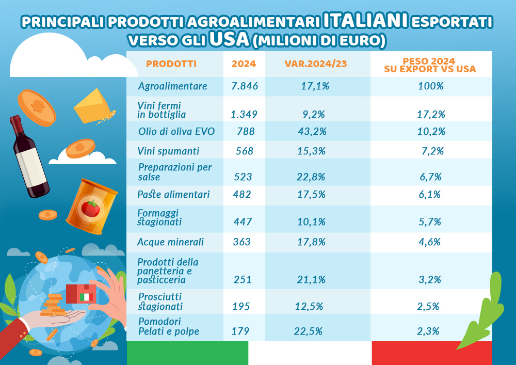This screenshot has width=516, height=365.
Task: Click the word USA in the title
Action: (229, 39)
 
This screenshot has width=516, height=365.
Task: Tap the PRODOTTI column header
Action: (171, 64)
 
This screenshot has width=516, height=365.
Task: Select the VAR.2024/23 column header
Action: (316, 64)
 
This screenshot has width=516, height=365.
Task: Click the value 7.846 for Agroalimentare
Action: (245, 86)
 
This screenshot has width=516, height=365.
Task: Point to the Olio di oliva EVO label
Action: (176, 131)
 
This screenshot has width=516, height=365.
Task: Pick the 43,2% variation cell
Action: (312, 132)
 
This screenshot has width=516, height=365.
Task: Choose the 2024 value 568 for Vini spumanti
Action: (245, 151)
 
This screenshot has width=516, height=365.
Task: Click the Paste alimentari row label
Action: (173, 194)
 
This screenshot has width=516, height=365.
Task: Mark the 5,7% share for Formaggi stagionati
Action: (430, 222)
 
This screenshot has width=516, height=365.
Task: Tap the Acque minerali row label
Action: (170, 242)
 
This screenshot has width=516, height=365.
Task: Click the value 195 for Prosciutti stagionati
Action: (241, 307)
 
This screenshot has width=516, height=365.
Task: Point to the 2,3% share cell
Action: (428, 331)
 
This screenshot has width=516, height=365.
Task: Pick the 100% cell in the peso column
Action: (431, 86)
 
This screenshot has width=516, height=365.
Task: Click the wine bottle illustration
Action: (29, 156)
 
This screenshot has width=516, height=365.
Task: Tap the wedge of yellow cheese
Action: (93, 106)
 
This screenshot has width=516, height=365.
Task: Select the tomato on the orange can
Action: (90, 209)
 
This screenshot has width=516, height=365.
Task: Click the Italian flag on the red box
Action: (87, 297)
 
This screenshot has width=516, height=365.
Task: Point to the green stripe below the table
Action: (188, 353)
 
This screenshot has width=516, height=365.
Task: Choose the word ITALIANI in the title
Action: (366, 21)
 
